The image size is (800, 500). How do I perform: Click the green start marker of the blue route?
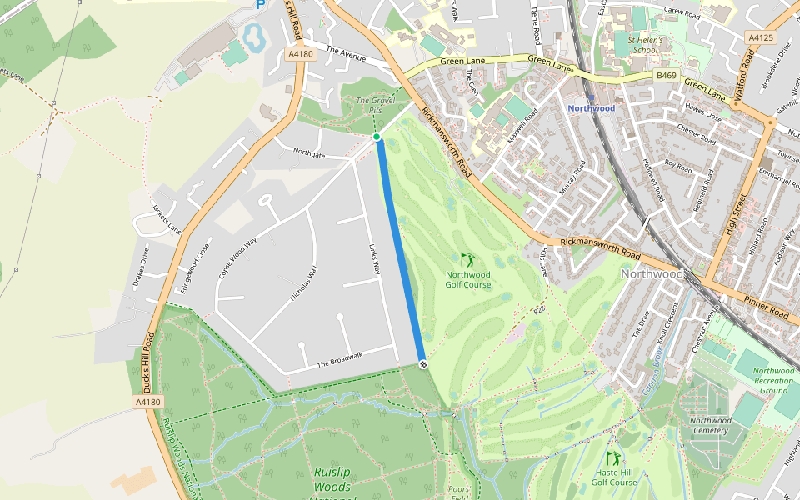377,137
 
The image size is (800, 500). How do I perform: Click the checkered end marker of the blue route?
423,364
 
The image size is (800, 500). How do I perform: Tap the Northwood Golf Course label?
467,280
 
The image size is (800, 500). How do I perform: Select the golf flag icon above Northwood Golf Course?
467,260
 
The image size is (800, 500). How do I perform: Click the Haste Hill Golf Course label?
614,477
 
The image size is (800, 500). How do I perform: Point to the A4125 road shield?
760,37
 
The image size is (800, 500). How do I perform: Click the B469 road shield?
666,76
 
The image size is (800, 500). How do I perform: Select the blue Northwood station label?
591,108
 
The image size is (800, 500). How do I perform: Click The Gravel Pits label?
375,105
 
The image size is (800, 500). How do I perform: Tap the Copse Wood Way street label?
237,257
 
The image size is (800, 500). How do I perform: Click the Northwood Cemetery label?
710,425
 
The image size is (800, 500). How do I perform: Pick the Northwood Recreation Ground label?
773,380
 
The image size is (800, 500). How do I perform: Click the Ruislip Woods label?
332,477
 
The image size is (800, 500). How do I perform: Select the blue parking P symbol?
261,4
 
